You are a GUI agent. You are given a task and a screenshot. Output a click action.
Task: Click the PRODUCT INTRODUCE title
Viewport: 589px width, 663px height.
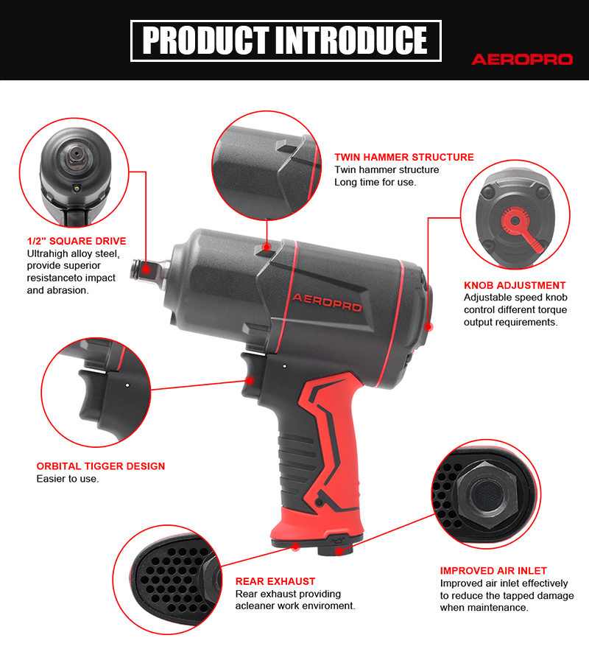click(x=285, y=41)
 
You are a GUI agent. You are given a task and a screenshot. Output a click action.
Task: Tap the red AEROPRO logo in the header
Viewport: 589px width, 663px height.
click(x=522, y=59)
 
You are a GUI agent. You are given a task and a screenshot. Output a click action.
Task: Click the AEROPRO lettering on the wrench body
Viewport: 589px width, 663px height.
click(x=327, y=302)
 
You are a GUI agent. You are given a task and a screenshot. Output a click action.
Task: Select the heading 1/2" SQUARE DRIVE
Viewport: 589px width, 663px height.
click(x=77, y=241)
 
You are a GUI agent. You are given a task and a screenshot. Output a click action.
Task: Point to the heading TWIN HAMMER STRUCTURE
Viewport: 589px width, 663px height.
click(x=404, y=158)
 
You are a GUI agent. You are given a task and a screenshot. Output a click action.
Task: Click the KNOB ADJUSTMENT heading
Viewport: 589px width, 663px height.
click(x=515, y=285)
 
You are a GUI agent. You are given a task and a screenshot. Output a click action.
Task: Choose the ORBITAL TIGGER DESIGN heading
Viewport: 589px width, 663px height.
click(x=101, y=466)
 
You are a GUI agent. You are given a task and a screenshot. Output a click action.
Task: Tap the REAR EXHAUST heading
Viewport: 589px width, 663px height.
click(x=275, y=581)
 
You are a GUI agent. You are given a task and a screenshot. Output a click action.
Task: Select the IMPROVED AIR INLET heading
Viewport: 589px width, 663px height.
click(x=493, y=571)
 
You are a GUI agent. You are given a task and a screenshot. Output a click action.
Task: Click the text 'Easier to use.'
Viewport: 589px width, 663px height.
click(x=68, y=479)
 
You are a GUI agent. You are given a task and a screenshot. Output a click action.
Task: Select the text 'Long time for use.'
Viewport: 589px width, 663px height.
click(x=375, y=182)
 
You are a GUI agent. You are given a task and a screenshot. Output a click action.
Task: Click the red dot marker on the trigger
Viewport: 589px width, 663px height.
click(x=250, y=381)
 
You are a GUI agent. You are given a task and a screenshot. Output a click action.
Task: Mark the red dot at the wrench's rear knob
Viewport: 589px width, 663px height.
click(x=428, y=326)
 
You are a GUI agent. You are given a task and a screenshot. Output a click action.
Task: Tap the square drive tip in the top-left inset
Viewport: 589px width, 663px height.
click(x=76, y=155)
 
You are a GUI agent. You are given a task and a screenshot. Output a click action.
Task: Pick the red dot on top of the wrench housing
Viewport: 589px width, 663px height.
click(x=267, y=247)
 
